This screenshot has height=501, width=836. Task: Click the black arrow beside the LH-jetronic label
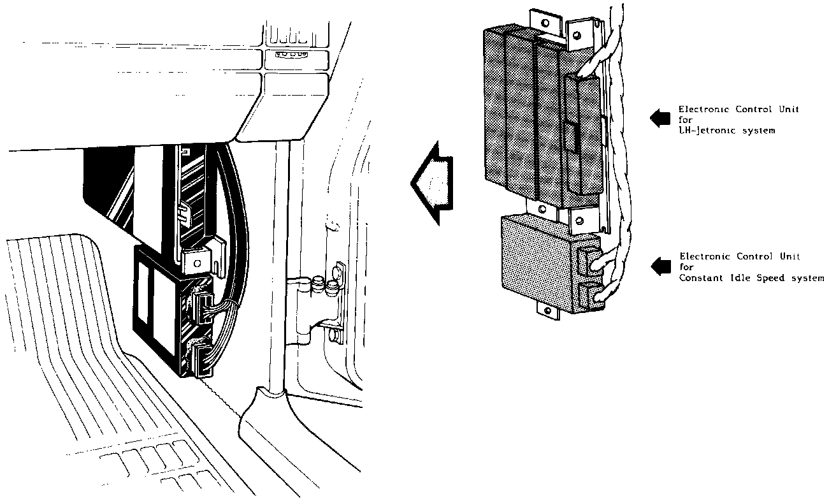(x=659, y=117)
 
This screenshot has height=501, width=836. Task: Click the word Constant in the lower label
(x=700, y=278)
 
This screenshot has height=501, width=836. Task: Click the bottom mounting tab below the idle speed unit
(x=547, y=310)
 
